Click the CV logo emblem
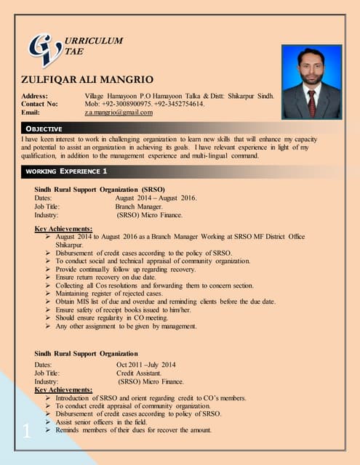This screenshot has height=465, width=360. [x=44, y=49]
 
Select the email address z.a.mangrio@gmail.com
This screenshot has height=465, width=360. [x=119, y=113]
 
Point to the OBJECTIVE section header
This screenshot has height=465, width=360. [x=45, y=129]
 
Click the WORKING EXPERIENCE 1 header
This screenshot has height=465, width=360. [x=66, y=171]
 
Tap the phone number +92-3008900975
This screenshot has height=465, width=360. [x=128, y=104]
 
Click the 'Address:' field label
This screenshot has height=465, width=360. [x=35, y=95]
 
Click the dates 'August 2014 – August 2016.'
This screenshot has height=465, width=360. [x=156, y=198]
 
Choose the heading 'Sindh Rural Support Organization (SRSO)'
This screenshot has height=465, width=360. [x=102, y=189]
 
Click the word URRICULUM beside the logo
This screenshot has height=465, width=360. [x=94, y=41]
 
